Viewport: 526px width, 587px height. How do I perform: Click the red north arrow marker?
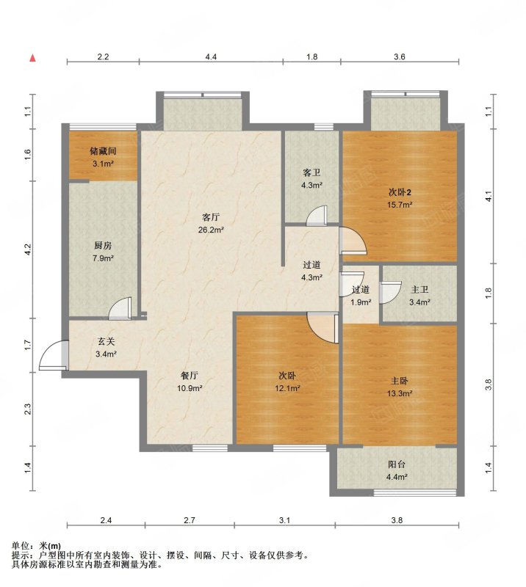[x=33, y=58]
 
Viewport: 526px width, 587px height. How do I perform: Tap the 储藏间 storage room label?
[x=103, y=151]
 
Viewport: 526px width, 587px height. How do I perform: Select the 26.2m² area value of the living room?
[x=211, y=230]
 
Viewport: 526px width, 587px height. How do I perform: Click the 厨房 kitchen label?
[x=103, y=246]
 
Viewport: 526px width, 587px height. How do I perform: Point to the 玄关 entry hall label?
[x=106, y=341]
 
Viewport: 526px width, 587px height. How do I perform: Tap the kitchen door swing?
[x=120, y=308]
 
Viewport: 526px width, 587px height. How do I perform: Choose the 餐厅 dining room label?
[x=190, y=376]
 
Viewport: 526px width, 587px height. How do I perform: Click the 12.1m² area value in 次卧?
[x=287, y=388]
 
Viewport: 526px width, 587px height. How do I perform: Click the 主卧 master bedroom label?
[x=400, y=381]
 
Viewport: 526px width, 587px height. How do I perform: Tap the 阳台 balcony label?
[x=397, y=464]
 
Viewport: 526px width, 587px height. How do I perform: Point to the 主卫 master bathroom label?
[x=419, y=290]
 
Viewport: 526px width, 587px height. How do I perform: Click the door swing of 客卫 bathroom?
[x=317, y=216]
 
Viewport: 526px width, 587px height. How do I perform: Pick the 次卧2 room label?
[x=400, y=192]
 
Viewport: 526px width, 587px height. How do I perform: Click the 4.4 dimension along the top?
[x=211, y=56]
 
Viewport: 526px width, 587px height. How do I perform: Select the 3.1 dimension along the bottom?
[x=284, y=520]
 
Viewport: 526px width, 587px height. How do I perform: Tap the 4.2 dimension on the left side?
[x=28, y=249]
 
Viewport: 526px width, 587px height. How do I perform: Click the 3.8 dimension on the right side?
[x=488, y=384]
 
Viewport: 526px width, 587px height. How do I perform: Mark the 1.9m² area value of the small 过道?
[x=361, y=302]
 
